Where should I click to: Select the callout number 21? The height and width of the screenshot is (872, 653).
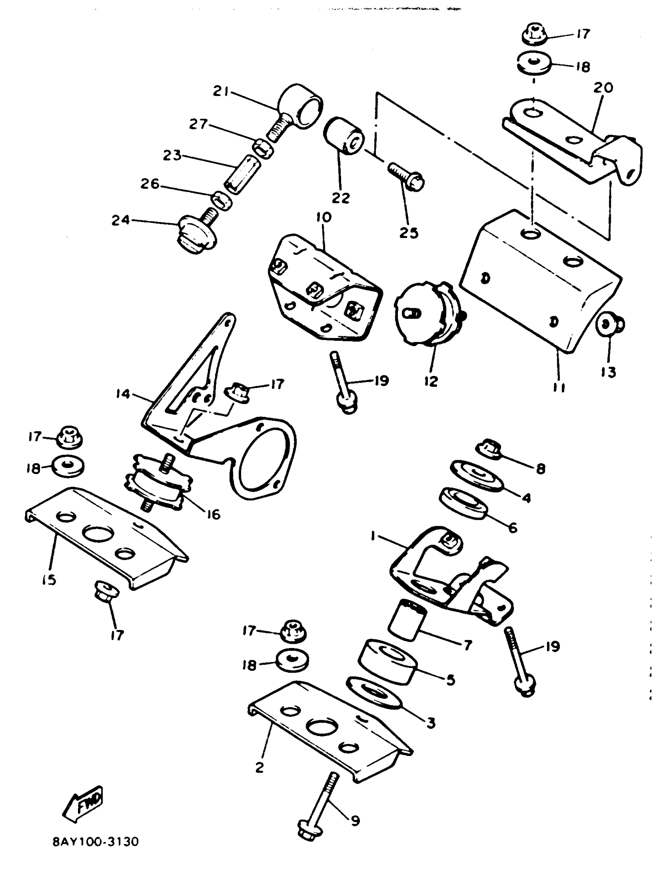click(x=222, y=91)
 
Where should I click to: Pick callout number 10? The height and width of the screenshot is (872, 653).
click(x=323, y=217)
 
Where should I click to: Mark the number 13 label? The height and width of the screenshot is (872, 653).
click(x=609, y=372)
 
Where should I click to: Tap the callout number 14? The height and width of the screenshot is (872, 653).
click(x=123, y=393)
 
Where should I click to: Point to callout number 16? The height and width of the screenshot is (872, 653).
click(x=213, y=514)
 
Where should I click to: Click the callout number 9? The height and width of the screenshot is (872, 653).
click(x=355, y=821)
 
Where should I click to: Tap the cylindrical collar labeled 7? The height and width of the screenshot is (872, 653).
click(x=407, y=620)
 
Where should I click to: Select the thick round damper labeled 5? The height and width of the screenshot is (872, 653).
click(x=388, y=662)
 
